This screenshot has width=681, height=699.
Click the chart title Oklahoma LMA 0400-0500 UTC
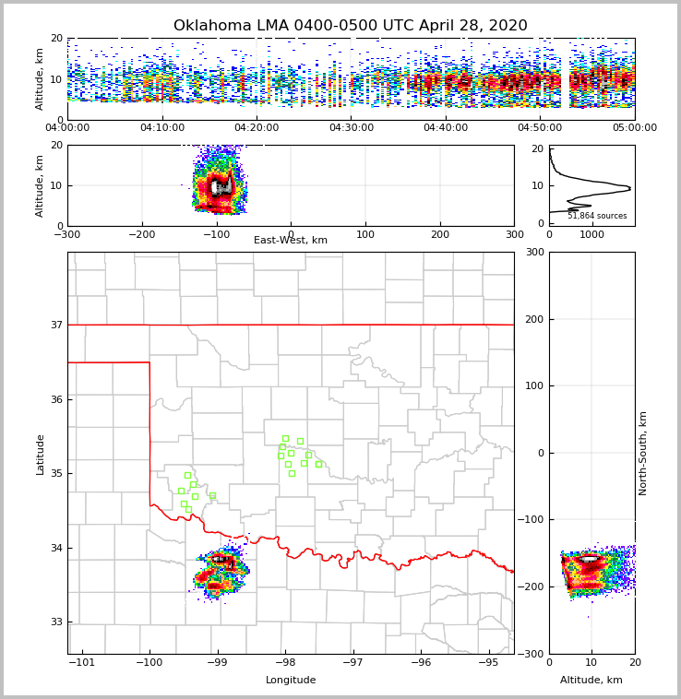click(x=351, y=26)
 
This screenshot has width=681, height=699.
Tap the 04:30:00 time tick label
click(x=352, y=128)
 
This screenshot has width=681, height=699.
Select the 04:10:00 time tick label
click(x=162, y=128)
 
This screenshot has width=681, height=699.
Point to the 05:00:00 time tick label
click(x=635, y=128)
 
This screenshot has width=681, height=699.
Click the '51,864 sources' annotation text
click(x=597, y=216)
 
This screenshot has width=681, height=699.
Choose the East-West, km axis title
click(x=291, y=241)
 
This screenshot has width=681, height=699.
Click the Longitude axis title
click(x=291, y=681)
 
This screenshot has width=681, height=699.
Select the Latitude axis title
click(x=41, y=454)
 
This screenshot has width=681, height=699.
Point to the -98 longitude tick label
click(x=284, y=662)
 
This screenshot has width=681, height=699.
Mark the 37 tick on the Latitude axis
click(x=56, y=325)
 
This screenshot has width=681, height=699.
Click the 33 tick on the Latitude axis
click(x=56, y=622)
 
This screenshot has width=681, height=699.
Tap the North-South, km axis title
click(x=643, y=453)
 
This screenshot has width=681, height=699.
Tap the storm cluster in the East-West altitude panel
click(x=219, y=186)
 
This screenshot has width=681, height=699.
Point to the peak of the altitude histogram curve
click(x=629, y=189)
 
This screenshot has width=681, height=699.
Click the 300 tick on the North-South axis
click(x=533, y=252)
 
